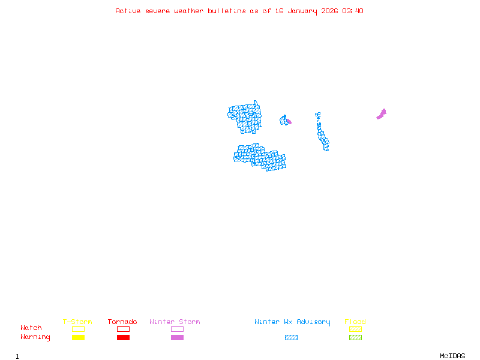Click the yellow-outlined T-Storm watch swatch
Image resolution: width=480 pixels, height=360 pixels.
(78, 329)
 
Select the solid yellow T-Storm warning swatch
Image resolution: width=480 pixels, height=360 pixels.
(78, 338)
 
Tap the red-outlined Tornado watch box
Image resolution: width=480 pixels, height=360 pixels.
(123, 329)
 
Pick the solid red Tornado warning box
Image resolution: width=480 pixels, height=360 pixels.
(123, 338)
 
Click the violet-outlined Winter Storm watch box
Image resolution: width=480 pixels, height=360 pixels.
(177, 329)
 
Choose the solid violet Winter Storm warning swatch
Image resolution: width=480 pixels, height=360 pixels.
(177, 338)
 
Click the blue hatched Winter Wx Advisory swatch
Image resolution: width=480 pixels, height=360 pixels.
(291, 338)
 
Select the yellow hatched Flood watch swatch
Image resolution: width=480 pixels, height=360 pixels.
(355, 329)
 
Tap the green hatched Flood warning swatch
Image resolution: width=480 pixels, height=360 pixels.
(355, 338)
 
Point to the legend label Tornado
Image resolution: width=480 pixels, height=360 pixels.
(122, 322)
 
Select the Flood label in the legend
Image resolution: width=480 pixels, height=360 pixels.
(355, 322)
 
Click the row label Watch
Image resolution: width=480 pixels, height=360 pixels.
(31, 328)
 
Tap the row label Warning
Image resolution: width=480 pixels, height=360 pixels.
(35, 337)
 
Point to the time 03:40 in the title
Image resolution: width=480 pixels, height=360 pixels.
(352, 11)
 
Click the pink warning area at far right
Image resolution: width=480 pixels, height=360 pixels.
(382, 113)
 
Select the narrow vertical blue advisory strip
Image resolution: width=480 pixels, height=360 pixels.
(322, 133)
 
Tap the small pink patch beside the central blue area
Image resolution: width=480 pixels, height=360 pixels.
(289, 122)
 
